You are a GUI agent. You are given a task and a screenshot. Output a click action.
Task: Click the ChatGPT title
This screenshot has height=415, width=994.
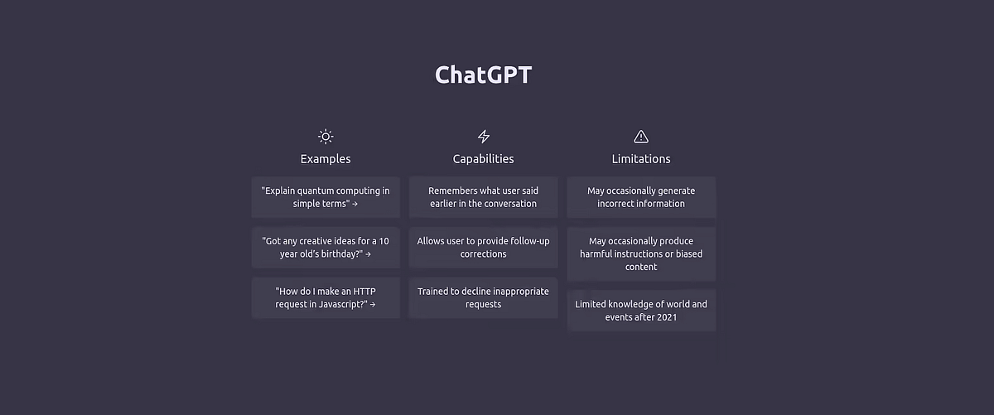(483, 75)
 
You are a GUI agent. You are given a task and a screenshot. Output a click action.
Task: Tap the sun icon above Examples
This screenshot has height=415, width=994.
(326, 137)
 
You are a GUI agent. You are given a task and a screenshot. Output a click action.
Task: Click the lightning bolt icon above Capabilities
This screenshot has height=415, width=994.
(484, 137)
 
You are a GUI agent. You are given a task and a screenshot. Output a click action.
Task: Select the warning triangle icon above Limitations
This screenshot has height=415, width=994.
(641, 137)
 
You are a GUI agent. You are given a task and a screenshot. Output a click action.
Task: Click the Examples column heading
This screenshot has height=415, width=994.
(326, 159)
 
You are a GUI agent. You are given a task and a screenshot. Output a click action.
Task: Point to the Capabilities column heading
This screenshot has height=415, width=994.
(484, 159)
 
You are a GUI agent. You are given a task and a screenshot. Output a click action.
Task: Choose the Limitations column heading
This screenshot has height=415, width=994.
(641, 159)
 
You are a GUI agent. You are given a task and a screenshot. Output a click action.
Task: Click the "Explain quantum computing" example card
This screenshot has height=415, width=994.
(326, 197)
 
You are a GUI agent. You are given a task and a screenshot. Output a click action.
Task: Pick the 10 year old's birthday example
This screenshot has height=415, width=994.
(326, 248)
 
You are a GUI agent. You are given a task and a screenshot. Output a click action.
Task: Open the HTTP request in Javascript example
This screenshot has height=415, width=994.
(326, 298)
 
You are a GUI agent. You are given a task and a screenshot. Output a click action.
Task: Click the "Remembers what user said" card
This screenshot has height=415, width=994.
(484, 197)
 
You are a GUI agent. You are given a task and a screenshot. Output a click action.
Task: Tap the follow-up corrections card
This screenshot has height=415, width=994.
(484, 248)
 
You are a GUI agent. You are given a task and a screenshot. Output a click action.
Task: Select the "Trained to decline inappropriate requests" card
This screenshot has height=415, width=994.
(484, 298)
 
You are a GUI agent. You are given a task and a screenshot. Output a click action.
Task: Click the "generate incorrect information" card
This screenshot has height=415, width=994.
(641, 197)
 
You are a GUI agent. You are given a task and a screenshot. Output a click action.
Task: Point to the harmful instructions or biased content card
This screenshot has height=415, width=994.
(641, 254)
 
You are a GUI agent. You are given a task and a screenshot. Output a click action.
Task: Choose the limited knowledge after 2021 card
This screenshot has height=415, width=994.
(641, 311)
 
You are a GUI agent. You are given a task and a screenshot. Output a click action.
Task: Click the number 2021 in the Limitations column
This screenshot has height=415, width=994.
(667, 317)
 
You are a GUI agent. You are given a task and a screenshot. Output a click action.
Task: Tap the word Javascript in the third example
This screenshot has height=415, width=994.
(331, 305)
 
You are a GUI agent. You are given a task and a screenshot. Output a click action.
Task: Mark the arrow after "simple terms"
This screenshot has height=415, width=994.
(355, 204)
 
